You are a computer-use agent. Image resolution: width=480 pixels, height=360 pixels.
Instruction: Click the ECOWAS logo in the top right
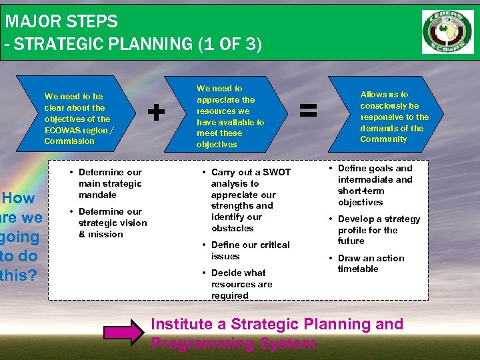tap(447, 31)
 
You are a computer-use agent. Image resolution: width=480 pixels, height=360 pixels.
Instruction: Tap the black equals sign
tap(307, 111)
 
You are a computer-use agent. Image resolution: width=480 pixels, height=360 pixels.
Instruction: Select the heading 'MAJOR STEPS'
tap(61, 21)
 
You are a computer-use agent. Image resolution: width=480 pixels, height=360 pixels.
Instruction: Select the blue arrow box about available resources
tap(230, 116)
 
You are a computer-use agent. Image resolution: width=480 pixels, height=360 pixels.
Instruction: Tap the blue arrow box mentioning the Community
tap(393, 117)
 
